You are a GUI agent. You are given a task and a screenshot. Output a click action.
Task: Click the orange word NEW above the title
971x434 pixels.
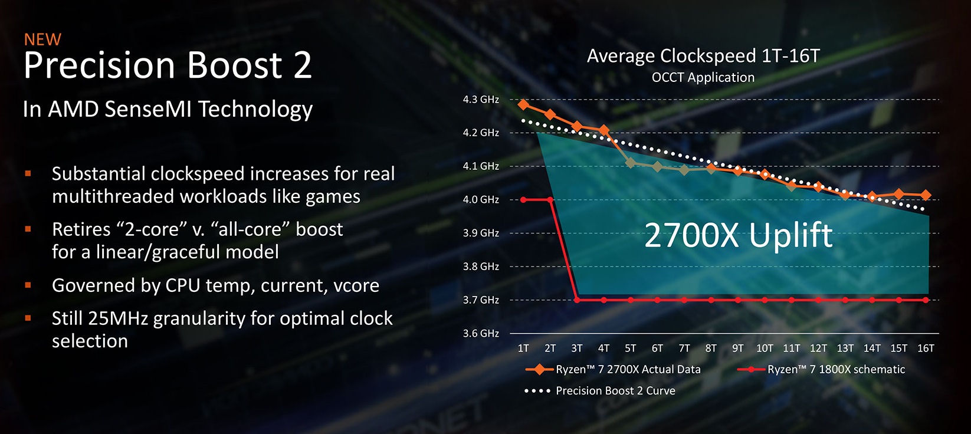tap(42, 40)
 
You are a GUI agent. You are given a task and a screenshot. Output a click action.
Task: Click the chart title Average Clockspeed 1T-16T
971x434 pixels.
tap(703, 56)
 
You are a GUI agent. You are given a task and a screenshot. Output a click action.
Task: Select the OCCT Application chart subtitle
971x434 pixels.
tap(703, 77)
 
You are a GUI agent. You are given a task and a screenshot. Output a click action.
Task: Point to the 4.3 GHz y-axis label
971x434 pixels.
tap(481, 100)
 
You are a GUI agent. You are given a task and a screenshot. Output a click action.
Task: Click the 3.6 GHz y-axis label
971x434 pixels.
tap(481, 334)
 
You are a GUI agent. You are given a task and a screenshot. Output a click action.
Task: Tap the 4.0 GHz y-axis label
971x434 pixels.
tap(481, 200)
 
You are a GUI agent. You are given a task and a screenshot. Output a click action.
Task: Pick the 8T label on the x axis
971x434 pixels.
tap(711, 348)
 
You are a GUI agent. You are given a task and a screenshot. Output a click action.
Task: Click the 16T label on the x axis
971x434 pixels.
tap(926, 348)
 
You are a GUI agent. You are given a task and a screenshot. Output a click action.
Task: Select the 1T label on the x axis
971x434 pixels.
tap(523, 348)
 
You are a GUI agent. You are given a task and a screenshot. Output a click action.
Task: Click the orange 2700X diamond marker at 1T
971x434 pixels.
tap(523, 104)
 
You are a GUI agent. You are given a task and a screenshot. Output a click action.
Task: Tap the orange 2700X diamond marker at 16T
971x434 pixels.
tap(926, 195)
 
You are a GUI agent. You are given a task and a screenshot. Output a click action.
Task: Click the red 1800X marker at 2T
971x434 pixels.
tap(550, 200)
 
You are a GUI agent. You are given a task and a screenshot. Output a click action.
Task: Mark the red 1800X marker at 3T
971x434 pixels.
tap(577, 300)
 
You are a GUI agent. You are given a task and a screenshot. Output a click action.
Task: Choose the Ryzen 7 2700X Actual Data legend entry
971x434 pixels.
tap(613, 370)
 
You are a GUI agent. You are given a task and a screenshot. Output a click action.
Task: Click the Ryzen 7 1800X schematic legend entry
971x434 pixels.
tap(821, 370)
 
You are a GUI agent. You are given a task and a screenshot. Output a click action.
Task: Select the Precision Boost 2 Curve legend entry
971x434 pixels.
tap(600, 391)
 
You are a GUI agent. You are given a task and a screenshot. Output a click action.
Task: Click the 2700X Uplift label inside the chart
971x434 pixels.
tap(738, 235)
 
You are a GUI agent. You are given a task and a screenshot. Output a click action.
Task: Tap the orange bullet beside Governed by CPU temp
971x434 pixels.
tap(28, 285)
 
